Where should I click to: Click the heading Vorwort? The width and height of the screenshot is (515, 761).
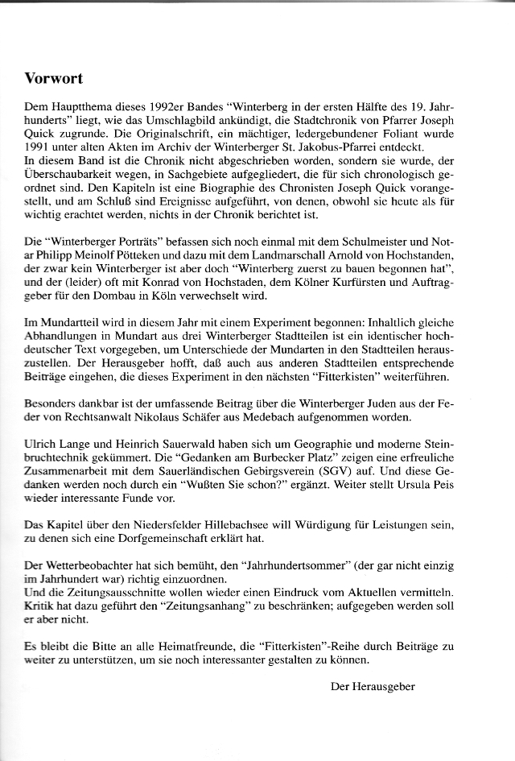(x=54, y=79)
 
